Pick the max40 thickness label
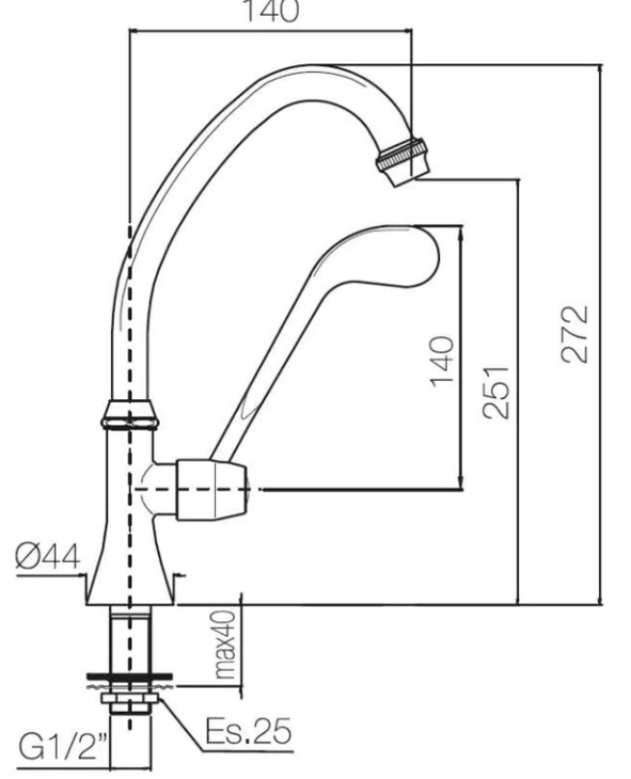(226, 646)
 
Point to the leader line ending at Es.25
(185, 716)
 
